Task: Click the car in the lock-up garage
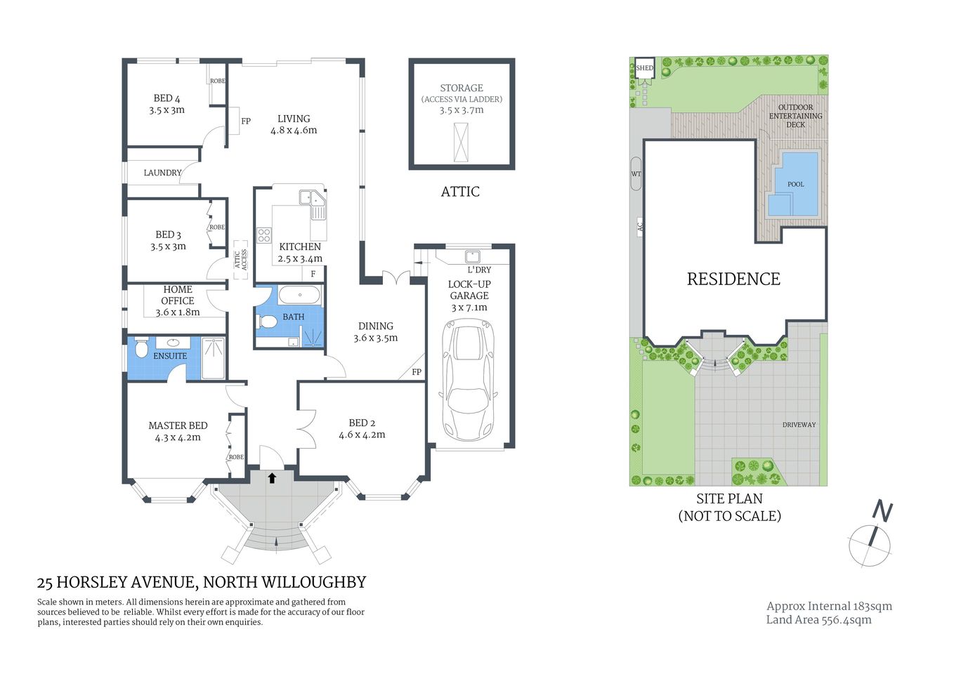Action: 468,379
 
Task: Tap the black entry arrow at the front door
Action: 272,478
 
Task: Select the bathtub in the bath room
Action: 299,295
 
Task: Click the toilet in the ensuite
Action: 141,348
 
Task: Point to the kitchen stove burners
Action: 264,235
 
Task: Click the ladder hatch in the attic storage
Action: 461,143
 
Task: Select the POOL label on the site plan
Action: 795,185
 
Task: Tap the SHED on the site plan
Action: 644,68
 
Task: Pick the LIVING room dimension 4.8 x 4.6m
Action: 294,131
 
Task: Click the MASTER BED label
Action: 178,425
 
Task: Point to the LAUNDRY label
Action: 162,173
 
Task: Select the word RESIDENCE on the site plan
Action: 733,279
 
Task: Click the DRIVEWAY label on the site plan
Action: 799,425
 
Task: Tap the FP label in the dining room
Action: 417,372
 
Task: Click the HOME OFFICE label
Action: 178,295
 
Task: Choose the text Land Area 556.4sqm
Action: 818,620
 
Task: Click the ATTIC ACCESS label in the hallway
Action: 241,260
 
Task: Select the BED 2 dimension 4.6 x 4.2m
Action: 362,435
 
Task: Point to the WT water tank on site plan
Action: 636,174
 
